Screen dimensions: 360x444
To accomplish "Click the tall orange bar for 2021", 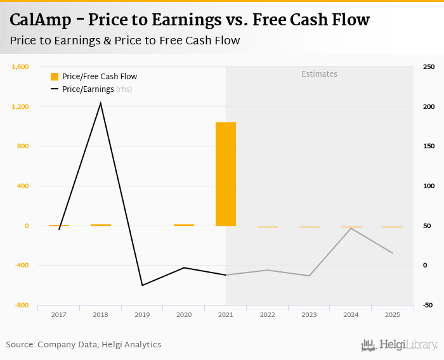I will click(x=225, y=174).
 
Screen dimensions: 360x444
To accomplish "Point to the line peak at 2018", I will click(x=101, y=103).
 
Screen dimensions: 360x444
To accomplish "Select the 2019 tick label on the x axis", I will click(x=142, y=314).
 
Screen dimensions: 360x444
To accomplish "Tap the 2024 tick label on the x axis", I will click(x=351, y=314).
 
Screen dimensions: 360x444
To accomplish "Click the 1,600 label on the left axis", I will click(x=20, y=67).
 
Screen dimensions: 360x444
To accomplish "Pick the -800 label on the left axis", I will click(x=22, y=305).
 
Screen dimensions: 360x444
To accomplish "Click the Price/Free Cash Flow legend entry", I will click(x=94, y=77).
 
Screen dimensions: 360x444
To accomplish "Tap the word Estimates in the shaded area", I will click(x=319, y=74).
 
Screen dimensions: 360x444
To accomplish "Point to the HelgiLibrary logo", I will click(x=400, y=345).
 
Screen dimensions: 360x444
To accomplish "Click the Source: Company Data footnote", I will click(x=84, y=345).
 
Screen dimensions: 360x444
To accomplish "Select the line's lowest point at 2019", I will click(x=142, y=285).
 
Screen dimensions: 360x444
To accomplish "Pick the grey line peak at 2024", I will click(x=351, y=228).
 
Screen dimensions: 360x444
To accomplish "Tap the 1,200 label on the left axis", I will click(x=20, y=106).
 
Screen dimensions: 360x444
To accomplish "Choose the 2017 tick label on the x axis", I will click(x=59, y=314).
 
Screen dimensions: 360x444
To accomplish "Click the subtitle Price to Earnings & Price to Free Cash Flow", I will click(x=125, y=41).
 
